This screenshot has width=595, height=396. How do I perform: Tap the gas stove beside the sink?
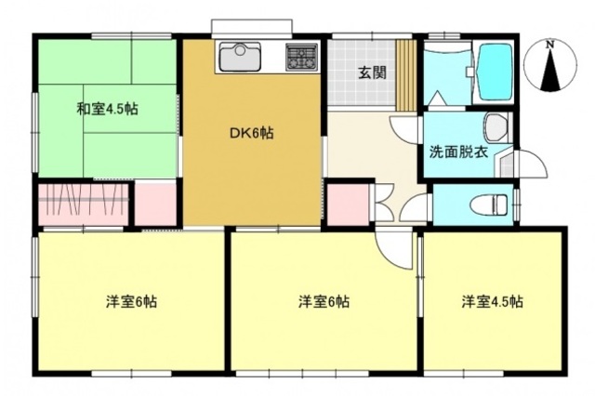(x=300, y=57)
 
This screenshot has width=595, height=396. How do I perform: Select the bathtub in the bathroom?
(x=491, y=72)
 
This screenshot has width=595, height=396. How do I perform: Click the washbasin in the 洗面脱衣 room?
(x=495, y=125)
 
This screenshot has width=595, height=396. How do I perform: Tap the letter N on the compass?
(x=550, y=44)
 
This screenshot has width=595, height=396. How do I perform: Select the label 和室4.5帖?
(x=107, y=109)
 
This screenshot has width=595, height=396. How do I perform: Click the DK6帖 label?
(x=251, y=132)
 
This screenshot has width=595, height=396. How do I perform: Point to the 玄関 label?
(x=372, y=73)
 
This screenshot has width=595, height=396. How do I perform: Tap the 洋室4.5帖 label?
(x=492, y=302)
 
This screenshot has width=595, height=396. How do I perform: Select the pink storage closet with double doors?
(x=348, y=205)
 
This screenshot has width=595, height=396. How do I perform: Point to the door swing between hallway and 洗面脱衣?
(x=407, y=130)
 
